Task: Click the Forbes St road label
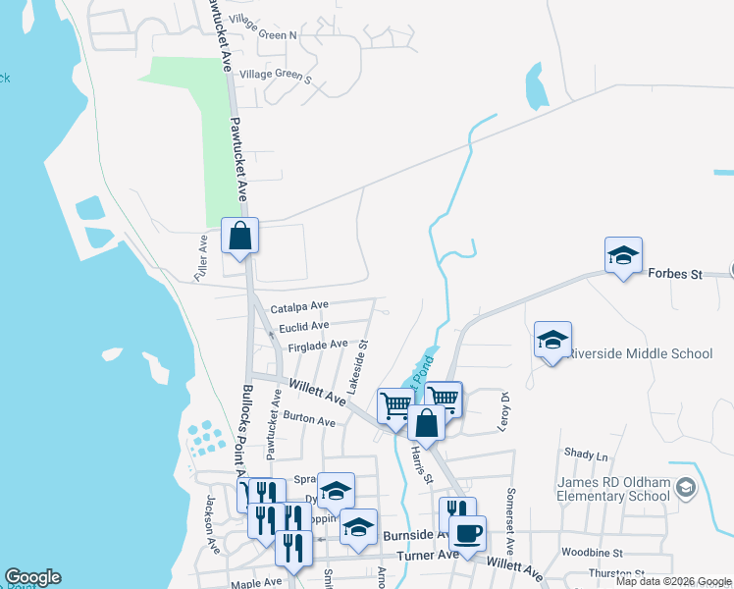click(x=675, y=274)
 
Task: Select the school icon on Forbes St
click(x=623, y=257)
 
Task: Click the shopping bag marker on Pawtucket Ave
click(x=239, y=238)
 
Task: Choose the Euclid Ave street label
click(x=303, y=326)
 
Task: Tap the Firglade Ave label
click(x=318, y=346)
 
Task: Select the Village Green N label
click(x=262, y=34)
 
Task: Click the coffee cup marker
click(x=467, y=536)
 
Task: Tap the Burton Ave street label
click(x=309, y=420)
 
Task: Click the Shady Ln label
click(x=586, y=455)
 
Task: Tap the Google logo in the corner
click(x=32, y=577)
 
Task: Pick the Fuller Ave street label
click(x=201, y=258)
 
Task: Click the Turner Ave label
click(x=428, y=555)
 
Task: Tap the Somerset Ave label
click(x=510, y=510)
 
